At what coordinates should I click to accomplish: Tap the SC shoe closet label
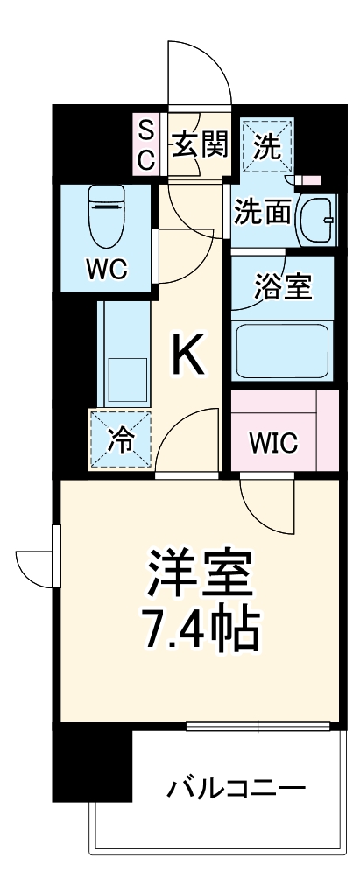pyautogui.click(x=146, y=145)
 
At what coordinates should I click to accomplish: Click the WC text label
pyautogui.click(x=106, y=269)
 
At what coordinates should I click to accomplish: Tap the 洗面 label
pyautogui.click(x=262, y=213)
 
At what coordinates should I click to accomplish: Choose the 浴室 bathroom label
pyautogui.click(x=283, y=287)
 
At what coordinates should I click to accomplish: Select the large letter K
pyautogui.click(x=188, y=355)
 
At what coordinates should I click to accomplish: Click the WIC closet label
pyautogui.click(x=272, y=443)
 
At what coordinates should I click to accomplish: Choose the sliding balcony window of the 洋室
pyautogui.click(x=258, y=726)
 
